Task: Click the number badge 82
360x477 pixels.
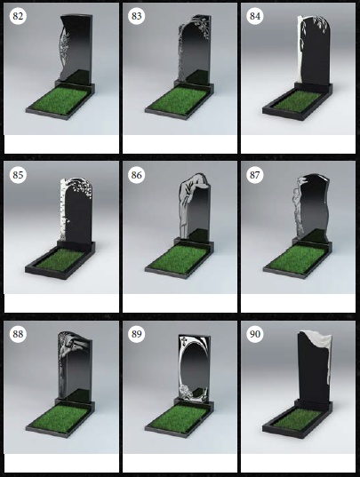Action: pyautogui.click(x=18, y=16)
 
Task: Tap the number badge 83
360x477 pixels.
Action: pyautogui.click(x=136, y=16)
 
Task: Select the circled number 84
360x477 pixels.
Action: pyautogui.click(x=255, y=16)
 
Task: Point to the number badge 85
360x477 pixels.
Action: pyautogui.click(x=18, y=175)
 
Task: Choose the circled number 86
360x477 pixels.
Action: pyautogui.click(x=136, y=175)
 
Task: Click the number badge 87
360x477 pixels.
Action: pyautogui.click(x=255, y=175)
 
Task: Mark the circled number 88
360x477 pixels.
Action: pyautogui.click(x=18, y=334)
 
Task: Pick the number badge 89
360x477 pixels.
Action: pyautogui.click(x=136, y=334)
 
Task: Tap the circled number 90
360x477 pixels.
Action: pyautogui.click(x=255, y=334)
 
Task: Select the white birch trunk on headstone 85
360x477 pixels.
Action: pyautogui.click(x=62, y=210)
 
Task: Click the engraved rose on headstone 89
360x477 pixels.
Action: pyautogui.click(x=184, y=391)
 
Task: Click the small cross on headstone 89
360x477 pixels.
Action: pyautogui.click(x=183, y=339)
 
